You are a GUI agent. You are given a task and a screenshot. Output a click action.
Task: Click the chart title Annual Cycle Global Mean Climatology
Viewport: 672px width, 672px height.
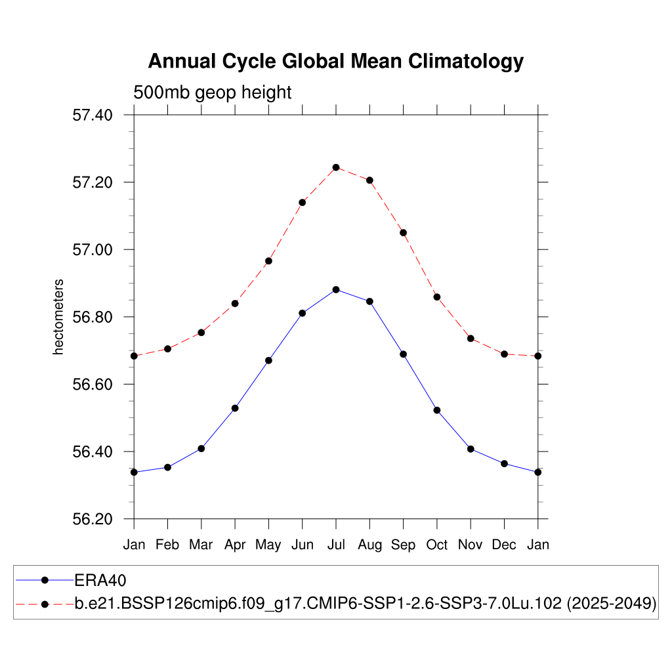[x=335, y=61]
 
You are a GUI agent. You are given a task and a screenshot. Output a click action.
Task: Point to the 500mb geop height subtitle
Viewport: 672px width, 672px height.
[x=212, y=93]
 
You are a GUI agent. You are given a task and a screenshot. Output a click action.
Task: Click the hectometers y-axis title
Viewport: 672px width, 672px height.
[x=59, y=317]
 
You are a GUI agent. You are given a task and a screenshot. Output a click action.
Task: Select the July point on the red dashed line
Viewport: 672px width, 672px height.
[x=336, y=167]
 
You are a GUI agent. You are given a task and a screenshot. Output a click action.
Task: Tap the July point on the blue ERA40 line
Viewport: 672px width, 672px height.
[x=336, y=289]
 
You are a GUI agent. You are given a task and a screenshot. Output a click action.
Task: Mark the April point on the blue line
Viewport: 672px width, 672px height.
[x=235, y=408]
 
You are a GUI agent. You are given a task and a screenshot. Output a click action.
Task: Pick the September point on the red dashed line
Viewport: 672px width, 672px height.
[x=404, y=232]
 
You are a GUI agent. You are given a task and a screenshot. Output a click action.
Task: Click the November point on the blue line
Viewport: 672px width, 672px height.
[x=471, y=449]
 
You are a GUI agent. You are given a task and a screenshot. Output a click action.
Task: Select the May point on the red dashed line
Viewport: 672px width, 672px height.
[x=268, y=261]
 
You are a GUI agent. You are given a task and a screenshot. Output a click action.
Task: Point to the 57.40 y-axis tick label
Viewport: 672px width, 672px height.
[x=92, y=115]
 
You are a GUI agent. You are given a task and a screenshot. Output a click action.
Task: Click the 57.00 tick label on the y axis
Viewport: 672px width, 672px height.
[x=92, y=250]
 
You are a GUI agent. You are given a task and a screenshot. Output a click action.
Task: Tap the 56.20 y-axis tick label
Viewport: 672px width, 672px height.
[x=92, y=520]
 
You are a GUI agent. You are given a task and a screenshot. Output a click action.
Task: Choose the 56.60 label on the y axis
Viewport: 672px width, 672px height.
[x=92, y=385]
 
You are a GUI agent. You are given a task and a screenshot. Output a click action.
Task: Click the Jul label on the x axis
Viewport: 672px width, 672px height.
[x=336, y=545]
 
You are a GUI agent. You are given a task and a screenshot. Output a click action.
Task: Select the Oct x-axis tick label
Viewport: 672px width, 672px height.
[x=437, y=545]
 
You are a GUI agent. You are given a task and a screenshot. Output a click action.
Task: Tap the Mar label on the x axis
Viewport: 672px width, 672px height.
[x=201, y=545]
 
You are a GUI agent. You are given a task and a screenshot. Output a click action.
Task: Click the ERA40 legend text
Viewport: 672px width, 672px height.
[x=100, y=580]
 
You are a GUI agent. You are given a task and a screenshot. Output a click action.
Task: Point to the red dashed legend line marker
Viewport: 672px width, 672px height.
[x=45, y=604]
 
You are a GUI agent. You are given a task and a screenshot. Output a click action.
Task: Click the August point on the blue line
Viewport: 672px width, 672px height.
[x=369, y=301]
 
